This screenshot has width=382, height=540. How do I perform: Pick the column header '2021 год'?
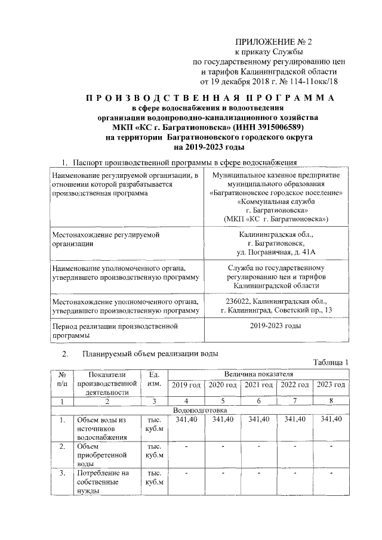[x=259, y=384]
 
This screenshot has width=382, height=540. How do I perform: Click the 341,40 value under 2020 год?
[x=223, y=420]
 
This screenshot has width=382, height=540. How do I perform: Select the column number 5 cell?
[x=223, y=401]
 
